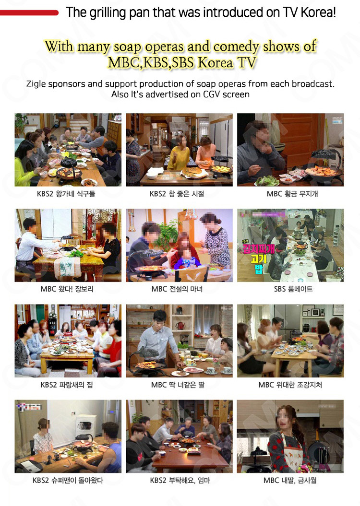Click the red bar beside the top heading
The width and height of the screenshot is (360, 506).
[29, 13]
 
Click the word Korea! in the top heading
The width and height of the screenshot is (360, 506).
[318, 12]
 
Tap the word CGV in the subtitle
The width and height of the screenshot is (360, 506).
[212, 94]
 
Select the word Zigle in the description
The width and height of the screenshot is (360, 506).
[36, 84]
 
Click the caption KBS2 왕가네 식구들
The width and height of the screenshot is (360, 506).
[66, 194]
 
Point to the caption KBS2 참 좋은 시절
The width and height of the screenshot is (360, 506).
[177, 194]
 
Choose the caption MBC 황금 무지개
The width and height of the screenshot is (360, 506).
[292, 194]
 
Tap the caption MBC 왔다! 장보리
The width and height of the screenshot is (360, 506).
[67, 289]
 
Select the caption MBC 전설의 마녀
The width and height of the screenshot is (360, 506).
[177, 289]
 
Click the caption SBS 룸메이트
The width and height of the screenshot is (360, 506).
[293, 289]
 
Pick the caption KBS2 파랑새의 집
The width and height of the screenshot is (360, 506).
[67, 385]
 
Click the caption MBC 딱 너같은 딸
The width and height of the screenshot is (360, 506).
[178, 385]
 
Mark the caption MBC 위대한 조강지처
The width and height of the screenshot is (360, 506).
[290, 385]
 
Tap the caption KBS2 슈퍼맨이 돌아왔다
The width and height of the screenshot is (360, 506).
[68, 480]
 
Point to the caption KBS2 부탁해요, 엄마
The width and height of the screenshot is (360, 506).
[180, 480]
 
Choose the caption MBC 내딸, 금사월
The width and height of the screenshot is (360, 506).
[290, 480]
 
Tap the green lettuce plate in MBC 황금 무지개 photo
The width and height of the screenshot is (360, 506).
[267, 181]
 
